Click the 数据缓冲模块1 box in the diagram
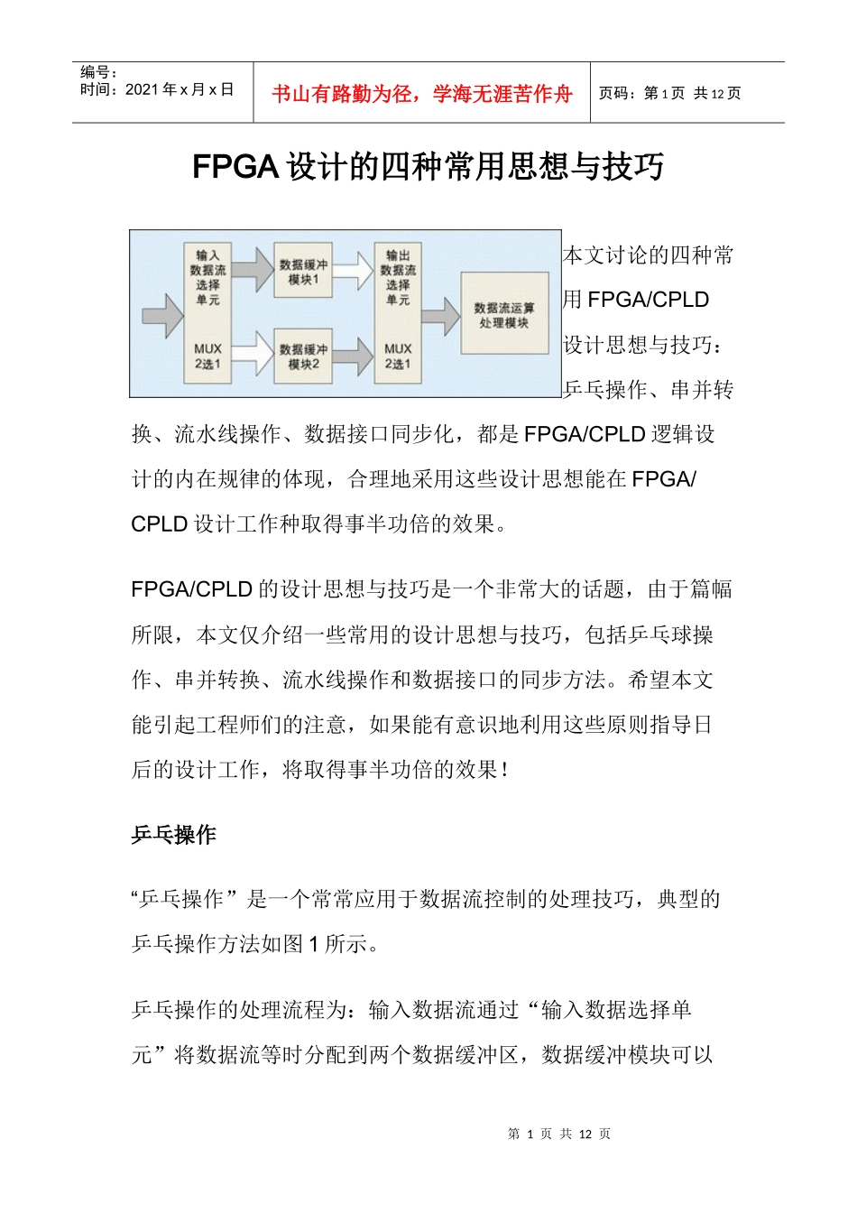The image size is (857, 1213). [x=303, y=272]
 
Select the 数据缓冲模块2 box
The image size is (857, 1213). [x=303, y=356]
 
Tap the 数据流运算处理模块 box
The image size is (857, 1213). [x=504, y=314]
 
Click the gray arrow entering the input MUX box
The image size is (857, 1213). [x=162, y=315]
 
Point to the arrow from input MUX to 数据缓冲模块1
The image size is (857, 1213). [x=253, y=268]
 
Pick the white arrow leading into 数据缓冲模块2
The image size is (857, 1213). [x=253, y=353]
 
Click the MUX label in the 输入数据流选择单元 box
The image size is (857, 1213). [x=207, y=348]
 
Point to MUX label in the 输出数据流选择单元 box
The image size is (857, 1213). [x=398, y=348]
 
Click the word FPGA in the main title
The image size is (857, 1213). [x=235, y=167]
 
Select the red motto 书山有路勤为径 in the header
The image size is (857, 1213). [x=342, y=94]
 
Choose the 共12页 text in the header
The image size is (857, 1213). [x=717, y=93]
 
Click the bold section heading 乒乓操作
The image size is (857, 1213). [x=173, y=835]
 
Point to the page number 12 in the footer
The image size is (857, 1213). [x=585, y=1134]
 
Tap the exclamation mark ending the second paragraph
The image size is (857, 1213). [x=504, y=770]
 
